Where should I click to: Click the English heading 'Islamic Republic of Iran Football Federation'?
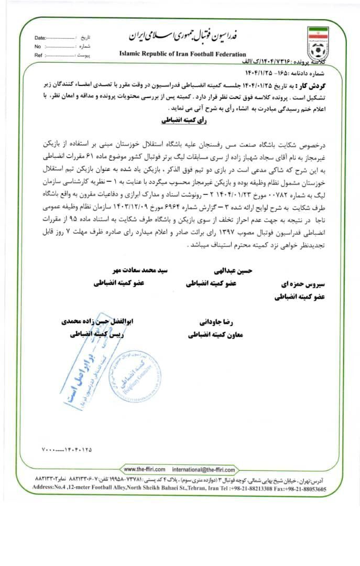(x=182, y=54)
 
